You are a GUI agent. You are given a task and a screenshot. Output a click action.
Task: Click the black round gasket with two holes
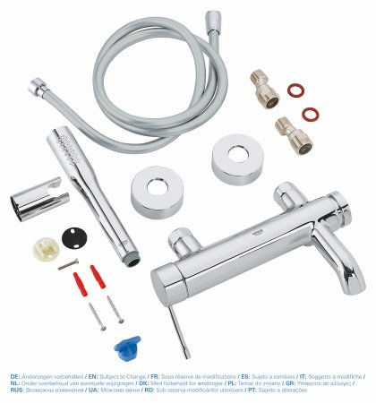point(75,239)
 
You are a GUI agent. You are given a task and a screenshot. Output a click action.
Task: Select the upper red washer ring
point(295,90)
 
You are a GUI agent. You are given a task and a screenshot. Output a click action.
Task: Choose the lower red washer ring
point(310,114)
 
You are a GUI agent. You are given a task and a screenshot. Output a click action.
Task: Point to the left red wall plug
point(81,284)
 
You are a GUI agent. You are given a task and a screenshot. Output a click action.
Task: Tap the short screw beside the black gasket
point(68,265)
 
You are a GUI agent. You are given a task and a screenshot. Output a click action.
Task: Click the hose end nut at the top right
point(213,19)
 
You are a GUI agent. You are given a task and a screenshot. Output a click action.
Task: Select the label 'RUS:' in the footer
point(16,390)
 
